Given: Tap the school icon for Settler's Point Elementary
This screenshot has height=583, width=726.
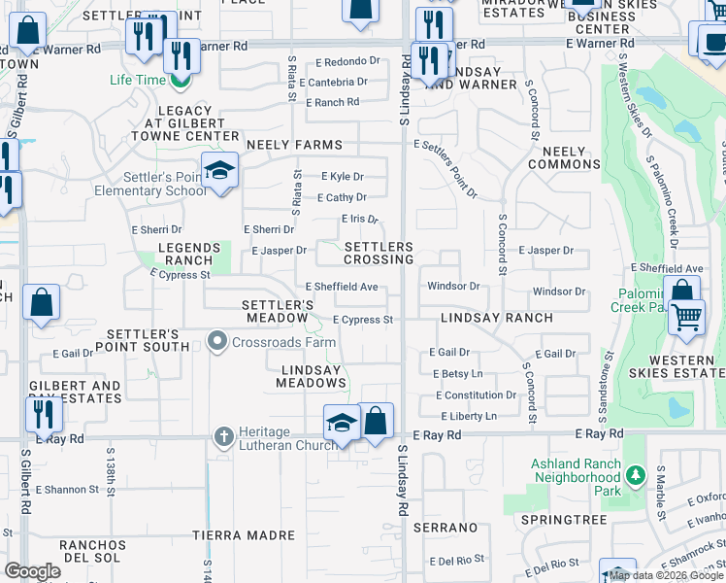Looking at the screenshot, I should pos(220,171).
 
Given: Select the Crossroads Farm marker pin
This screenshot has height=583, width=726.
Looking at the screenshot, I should pos(216,341).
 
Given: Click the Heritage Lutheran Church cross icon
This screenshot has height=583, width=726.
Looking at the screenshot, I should pos(223,436).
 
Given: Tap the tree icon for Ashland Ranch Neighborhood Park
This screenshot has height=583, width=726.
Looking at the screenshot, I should pos(635,476).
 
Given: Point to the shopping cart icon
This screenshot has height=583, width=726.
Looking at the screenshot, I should pos(686,318).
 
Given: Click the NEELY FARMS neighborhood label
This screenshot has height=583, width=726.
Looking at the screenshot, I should pos(294,145).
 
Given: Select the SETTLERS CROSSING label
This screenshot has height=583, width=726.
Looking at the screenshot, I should pos(379,254).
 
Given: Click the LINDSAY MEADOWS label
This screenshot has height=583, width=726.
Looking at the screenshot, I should pos(313,377).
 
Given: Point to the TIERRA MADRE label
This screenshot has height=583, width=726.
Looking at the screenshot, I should pos(243,535).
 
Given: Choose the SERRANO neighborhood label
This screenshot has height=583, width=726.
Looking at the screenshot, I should pos(445,528).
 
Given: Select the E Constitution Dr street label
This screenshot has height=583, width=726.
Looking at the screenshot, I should pos(476,395).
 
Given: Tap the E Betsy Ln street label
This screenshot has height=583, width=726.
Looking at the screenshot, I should pos(456,374).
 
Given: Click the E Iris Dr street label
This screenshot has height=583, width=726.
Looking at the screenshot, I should pos(359,220).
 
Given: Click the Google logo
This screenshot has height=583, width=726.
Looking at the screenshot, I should pos(32,570).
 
